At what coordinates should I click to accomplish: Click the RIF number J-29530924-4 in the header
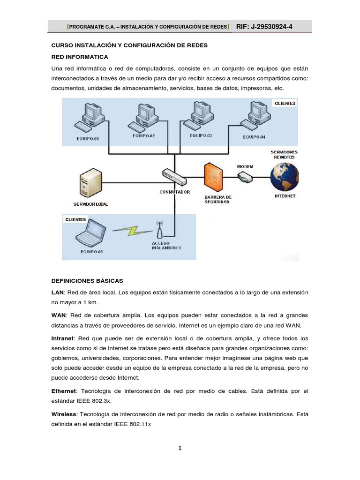[x=264, y=27]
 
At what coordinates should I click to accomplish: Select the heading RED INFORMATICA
[x=79, y=57]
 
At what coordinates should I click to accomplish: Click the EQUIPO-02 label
[x=143, y=136]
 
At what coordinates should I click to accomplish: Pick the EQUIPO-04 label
[x=254, y=137]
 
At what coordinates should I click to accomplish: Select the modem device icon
[x=245, y=176]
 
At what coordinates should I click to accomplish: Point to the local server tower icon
[x=90, y=184]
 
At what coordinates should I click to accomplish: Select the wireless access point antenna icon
[x=159, y=229]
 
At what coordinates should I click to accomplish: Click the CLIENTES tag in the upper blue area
[x=285, y=103]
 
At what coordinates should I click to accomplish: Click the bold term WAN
[x=59, y=315]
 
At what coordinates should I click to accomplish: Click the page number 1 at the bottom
[x=180, y=448]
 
